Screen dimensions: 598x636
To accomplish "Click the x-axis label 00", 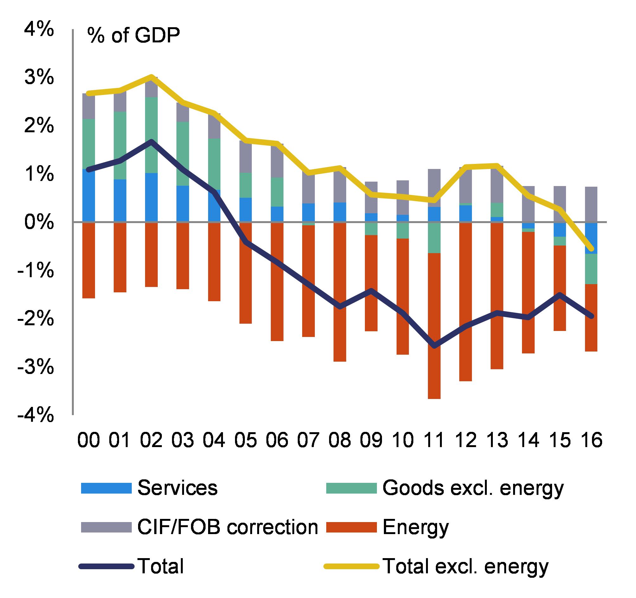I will click(x=89, y=440).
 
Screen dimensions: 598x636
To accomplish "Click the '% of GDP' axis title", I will click(x=133, y=36).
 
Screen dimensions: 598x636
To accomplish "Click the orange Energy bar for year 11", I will click(x=434, y=326).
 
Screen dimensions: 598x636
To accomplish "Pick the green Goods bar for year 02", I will click(x=151, y=135).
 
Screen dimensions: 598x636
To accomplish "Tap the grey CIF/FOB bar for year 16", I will click(x=591, y=204).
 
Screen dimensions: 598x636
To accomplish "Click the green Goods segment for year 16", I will click(x=591, y=269).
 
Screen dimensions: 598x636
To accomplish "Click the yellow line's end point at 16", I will click(x=591, y=249).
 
